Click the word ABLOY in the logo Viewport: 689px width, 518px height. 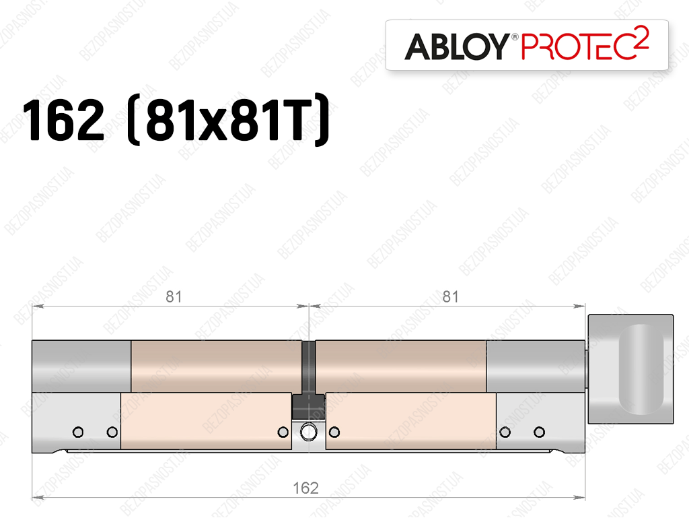point(457,46)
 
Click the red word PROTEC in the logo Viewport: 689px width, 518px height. point(577,46)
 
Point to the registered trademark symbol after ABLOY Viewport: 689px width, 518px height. point(515,37)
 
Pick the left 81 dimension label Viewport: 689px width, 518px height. point(174,297)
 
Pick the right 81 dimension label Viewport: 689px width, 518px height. point(450,297)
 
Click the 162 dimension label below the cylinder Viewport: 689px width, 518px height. point(306,488)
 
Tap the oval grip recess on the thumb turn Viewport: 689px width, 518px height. point(641,369)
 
